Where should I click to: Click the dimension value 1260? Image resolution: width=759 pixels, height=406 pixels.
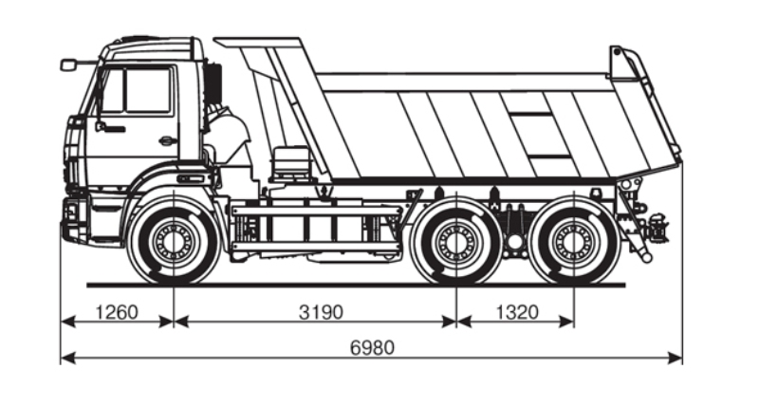117,312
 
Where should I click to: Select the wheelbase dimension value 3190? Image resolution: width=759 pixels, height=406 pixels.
321,312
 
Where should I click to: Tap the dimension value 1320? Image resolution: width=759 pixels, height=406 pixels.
517,312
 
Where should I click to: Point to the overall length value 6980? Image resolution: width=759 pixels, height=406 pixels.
372,347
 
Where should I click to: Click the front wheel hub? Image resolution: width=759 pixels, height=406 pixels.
174,241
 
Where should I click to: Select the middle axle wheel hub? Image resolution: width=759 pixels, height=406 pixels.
456,241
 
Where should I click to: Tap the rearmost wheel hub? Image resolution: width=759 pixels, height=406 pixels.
574,241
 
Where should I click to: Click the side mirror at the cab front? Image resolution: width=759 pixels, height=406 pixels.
68,65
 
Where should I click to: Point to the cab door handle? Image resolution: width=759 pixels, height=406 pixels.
167,140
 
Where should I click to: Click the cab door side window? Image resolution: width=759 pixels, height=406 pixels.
137,91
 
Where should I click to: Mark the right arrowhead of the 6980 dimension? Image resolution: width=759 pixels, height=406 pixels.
675,358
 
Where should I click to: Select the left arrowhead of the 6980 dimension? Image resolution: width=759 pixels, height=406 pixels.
68,358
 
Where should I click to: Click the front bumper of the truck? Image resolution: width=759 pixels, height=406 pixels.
74,219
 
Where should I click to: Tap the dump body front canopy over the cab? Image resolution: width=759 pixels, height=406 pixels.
259,43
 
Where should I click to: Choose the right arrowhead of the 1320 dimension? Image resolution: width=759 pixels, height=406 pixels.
566,322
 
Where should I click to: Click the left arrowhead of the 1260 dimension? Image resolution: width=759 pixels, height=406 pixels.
68,322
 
